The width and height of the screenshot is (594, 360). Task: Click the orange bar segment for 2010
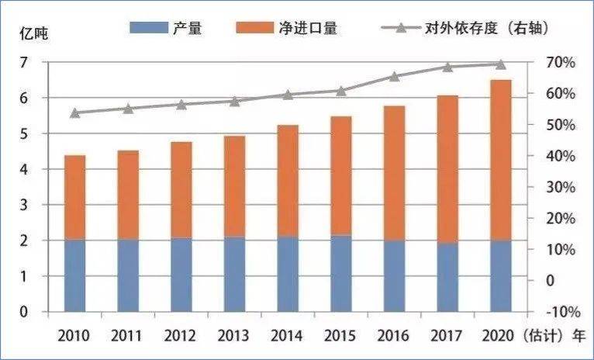(x=75, y=197)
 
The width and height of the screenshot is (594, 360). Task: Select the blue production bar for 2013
(x=235, y=275)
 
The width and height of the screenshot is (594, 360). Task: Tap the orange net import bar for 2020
(x=501, y=161)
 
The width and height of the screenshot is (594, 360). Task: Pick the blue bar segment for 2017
(x=447, y=278)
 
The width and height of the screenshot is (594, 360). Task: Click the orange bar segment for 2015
(x=341, y=176)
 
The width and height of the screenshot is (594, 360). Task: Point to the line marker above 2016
(x=395, y=77)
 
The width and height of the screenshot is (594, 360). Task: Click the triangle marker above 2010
(x=75, y=113)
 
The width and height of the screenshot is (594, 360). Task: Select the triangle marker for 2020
(x=501, y=64)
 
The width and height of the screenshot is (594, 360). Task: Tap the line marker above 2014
(x=288, y=95)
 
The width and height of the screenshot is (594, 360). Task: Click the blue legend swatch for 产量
(x=149, y=28)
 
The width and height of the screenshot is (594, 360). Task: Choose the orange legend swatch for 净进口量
(x=254, y=28)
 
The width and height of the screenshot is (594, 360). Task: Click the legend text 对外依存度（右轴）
(x=487, y=28)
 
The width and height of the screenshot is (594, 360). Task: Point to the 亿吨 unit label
(x=34, y=34)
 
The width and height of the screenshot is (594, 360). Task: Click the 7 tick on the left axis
(x=24, y=62)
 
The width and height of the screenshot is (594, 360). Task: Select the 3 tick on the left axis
(x=24, y=205)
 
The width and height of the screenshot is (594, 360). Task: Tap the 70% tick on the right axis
(x=560, y=63)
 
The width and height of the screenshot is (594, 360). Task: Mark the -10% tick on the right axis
(x=563, y=312)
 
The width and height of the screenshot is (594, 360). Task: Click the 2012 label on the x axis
(x=181, y=336)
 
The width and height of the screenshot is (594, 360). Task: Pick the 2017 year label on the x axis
(x=447, y=336)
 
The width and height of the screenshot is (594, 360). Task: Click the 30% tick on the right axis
(x=560, y=188)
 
